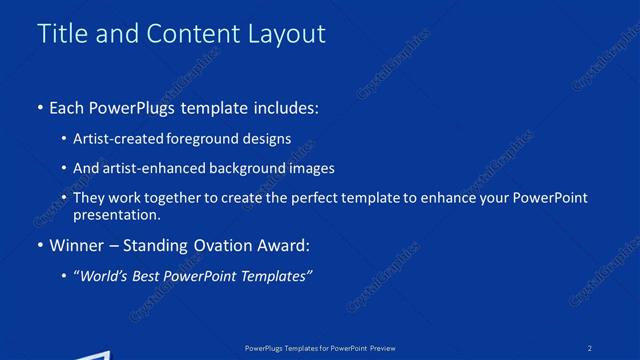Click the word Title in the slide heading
[61, 33]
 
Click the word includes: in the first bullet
[284, 107]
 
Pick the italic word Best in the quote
[141, 276]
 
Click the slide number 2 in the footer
[590, 347]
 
